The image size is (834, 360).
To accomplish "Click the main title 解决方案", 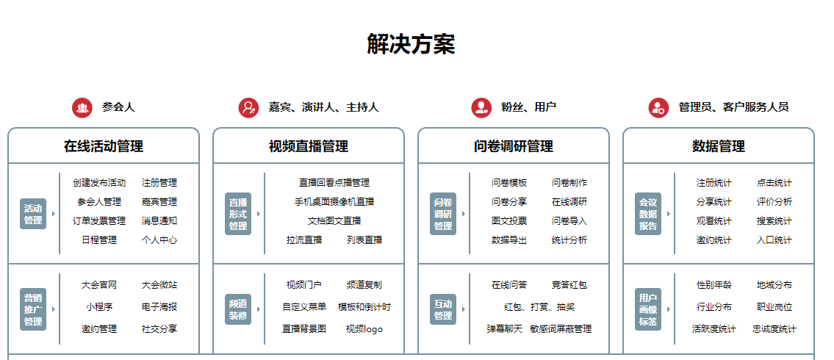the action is pyautogui.click(x=411, y=43).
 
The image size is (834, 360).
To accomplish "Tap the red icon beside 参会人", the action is pyautogui.click(x=82, y=107).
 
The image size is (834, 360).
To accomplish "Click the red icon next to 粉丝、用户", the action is pyautogui.click(x=481, y=107).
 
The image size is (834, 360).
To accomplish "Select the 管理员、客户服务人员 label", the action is pyautogui.click(x=733, y=107).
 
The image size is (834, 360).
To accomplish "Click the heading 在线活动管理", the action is pyautogui.click(x=104, y=145).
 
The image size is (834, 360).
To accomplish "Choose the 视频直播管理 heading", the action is pyautogui.click(x=309, y=145).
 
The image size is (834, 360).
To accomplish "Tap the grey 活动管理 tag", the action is pyautogui.click(x=33, y=214).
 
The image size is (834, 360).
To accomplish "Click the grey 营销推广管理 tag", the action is pyautogui.click(x=33, y=309).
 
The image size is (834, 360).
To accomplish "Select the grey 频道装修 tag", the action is pyautogui.click(x=238, y=309).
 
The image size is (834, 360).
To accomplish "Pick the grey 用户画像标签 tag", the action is pyautogui.click(x=648, y=309).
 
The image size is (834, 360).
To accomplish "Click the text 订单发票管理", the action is pyautogui.click(x=99, y=220).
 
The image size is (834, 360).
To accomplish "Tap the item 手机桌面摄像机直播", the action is pyautogui.click(x=334, y=201).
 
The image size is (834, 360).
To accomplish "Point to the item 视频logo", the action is pyautogui.click(x=364, y=329).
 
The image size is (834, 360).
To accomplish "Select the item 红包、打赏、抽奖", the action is pyautogui.click(x=539, y=307).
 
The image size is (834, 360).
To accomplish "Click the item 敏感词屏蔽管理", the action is pyautogui.click(x=561, y=329).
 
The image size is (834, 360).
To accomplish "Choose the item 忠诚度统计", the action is pyautogui.click(x=774, y=329).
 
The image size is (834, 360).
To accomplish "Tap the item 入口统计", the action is pyautogui.click(x=774, y=240).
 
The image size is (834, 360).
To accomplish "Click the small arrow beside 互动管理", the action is pyautogui.click(x=463, y=309).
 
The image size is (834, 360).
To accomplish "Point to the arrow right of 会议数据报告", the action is pyautogui.click(x=669, y=214).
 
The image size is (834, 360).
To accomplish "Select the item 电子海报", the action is pyautogui.click(x=159, y=307).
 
